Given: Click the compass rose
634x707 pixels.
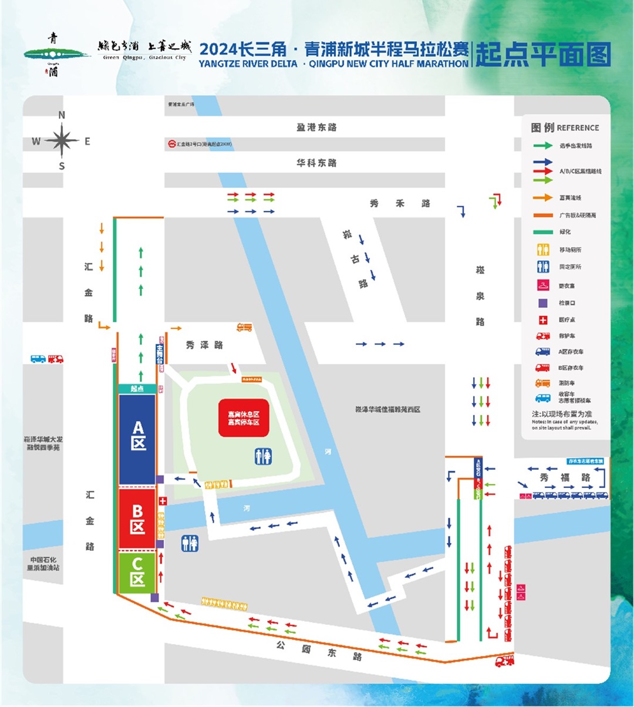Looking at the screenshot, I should (62, 141).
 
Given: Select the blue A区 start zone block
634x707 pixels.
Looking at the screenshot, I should (137, 439).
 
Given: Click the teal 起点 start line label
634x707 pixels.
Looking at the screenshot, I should (137, 389).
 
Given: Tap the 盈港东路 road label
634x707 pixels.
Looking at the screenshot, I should (316, 127).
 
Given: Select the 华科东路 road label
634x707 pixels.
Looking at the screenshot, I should (316, 163).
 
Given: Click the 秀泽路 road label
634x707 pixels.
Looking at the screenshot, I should (204, 345).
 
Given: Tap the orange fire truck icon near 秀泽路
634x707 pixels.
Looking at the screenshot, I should (244, 327).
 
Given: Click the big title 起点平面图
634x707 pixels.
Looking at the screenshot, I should (543, 55).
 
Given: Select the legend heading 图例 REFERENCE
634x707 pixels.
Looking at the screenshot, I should (565, 127).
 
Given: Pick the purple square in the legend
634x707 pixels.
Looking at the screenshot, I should (543, 303).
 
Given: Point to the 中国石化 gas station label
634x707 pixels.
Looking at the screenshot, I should (42, 564).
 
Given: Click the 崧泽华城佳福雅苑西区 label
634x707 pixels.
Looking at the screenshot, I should (387, 409).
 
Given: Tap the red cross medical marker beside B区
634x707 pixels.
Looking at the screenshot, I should (163, 501).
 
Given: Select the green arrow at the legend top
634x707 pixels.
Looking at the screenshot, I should (543, 145).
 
